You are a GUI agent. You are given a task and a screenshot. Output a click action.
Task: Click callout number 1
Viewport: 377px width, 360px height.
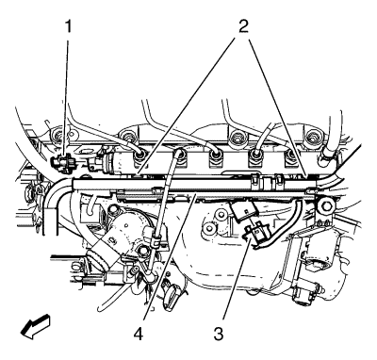[x=68, y=26]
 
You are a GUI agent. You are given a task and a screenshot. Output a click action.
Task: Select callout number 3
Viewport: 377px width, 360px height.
[x=219, y=334]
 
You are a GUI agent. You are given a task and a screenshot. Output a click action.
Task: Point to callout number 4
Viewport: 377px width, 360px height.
[x=138, y=334]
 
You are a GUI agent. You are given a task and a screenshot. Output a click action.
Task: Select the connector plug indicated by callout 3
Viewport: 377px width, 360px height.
[x=257, y=233]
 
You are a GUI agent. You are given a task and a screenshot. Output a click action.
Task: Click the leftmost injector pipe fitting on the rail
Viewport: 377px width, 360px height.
[x=139, y=155]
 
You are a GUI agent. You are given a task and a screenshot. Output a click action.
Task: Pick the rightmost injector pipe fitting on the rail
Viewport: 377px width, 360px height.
[x=292, y=155]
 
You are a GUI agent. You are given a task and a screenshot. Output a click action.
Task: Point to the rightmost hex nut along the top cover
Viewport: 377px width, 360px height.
[x=312, y=138]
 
